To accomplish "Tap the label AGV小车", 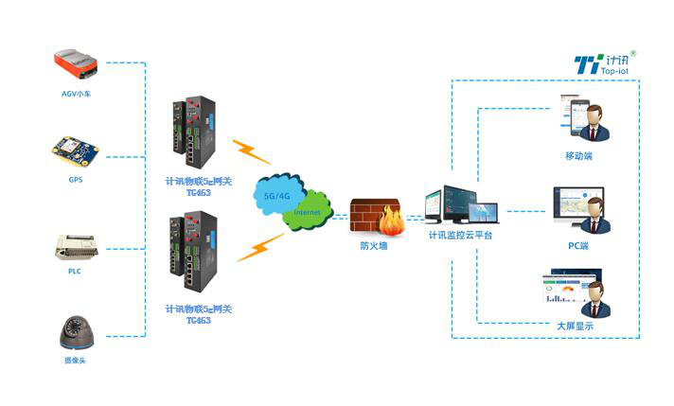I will pos(76,95).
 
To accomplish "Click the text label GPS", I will pos(76,179).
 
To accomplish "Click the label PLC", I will pos(76,271).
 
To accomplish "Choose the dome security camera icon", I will pos(77,331).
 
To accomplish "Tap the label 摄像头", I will pos(76,361).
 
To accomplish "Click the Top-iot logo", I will pos(606,64).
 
